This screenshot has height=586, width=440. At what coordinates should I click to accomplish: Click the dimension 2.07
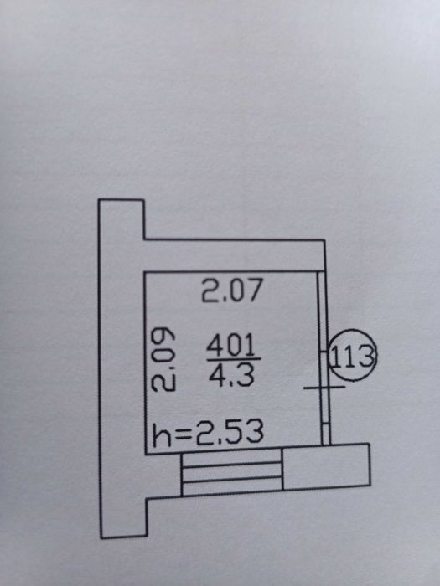coord(232,290)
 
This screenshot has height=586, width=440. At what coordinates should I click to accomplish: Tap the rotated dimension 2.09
coord(163,359)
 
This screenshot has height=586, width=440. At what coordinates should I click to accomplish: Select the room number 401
coord(230,345)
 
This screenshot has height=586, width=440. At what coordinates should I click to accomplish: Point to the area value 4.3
coord(232,375)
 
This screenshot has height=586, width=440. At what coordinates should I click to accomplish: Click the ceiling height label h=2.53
coord(208,433)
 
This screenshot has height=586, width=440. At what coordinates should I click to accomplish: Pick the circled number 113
coord(353,356)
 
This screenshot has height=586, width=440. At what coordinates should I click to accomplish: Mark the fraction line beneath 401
coord(234,359)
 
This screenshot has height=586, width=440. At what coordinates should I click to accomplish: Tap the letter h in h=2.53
coord(161,434)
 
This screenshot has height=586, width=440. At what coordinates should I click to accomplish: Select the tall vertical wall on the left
coord(122,368)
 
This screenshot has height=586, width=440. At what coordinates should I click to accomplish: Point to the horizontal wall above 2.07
coord(235,255)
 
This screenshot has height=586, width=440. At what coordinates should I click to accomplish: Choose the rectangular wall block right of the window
coord(326,466)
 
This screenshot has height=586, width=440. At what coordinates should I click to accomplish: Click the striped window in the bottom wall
coord(231,473)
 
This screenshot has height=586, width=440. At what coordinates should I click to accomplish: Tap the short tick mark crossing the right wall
coord(324,388)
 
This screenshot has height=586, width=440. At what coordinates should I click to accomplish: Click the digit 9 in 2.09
coord(163,337)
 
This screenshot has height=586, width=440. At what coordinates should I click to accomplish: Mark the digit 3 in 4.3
coord(246,375)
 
